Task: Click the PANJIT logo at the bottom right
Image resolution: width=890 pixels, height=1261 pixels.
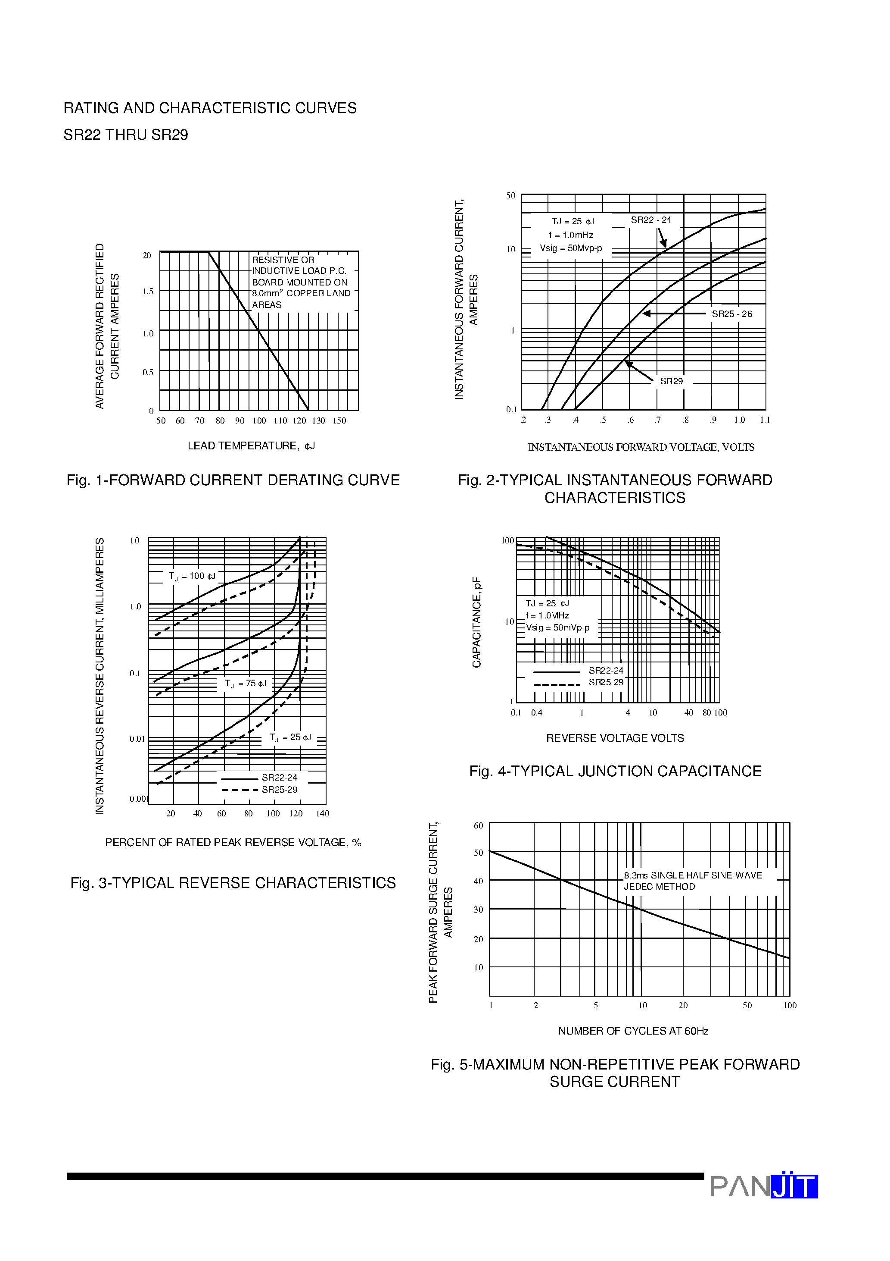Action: point(763,1186)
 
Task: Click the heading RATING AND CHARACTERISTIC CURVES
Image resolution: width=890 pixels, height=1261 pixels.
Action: point(210,108)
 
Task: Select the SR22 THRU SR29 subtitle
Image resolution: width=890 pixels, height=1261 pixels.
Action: point(126,135)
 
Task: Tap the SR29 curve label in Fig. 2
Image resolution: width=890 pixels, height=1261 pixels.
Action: point(671,381)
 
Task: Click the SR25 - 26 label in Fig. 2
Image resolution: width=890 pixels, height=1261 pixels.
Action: point(731,314)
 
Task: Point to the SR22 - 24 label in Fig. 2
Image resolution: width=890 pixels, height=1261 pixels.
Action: point(651,220)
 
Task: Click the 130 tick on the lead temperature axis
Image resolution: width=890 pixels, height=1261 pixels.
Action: point(318,421)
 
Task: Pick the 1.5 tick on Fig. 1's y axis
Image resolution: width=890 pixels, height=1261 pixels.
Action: point(148,292)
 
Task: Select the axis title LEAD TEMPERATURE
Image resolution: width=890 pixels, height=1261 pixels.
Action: point(251,446)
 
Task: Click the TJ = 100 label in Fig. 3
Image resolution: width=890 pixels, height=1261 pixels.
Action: point(192,576)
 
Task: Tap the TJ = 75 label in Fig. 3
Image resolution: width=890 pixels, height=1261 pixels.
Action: point(245,684)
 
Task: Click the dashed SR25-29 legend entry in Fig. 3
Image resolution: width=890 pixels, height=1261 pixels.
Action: point(260,790)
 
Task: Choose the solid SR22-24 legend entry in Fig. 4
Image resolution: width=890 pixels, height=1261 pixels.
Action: point(579,671)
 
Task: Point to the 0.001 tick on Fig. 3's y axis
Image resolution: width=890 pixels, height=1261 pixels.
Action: point(138,799)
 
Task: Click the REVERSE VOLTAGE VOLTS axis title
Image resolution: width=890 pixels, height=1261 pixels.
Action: point(615,738)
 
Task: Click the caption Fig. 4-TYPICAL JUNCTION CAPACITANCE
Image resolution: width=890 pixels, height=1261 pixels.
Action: point(615,771)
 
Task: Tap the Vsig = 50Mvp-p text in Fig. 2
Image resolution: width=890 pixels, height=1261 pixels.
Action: point(571,248)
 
